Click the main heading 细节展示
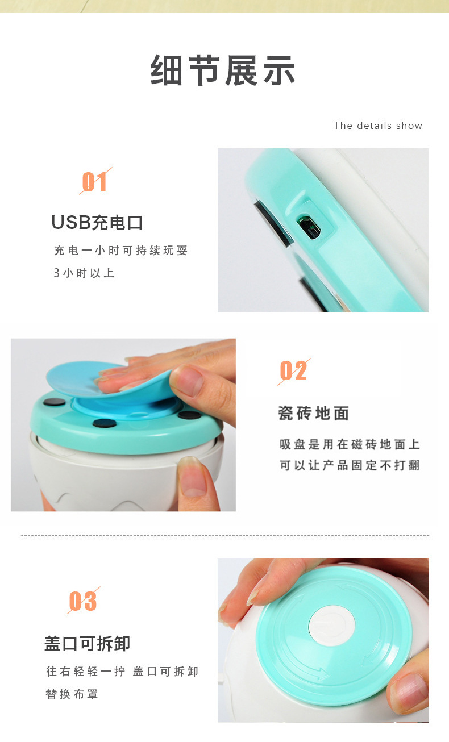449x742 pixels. click(223, 70)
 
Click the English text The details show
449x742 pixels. click(378, 126)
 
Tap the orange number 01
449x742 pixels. click(95, 182)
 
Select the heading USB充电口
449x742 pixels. click(97, 223)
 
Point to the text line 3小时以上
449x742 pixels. click(84, 273)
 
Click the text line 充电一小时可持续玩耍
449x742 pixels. click(120, 251)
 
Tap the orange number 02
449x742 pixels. click(293, 372)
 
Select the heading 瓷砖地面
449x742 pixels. click(313, 413)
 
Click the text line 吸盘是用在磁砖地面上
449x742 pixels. click(350, 444)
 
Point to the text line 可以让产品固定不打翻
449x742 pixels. click(350, 465)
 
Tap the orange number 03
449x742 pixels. click(83, 601)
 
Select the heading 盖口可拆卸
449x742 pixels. click(88, 644)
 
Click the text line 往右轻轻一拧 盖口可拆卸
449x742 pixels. click(122, 672)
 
